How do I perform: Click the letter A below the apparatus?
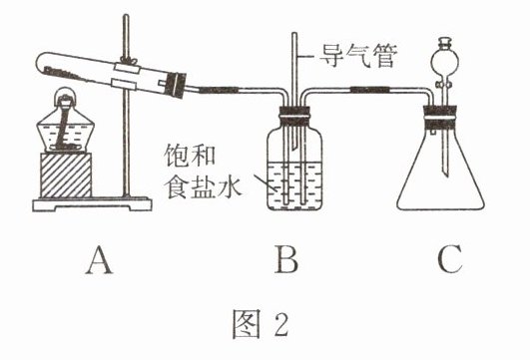click(x=99, y=260)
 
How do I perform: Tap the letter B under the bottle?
click(x=286, y=259)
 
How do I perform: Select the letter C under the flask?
click(x=450, y=259)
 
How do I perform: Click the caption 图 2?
click(x=261, y=323)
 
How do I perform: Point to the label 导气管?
click(x=358, y=56)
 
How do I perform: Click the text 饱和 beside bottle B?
click(x=190, y=155)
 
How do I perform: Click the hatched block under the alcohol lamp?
click(x=66, y=175)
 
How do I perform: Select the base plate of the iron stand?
click(x=92, y=204)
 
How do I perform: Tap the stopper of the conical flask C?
click(x=440, y=118)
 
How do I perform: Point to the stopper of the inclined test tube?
click(x=175, y=85)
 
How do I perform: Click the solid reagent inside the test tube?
click(x=66, y=75)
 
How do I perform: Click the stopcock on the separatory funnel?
click(x=444, y=84)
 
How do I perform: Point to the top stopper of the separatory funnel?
click(x=445, y=43)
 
